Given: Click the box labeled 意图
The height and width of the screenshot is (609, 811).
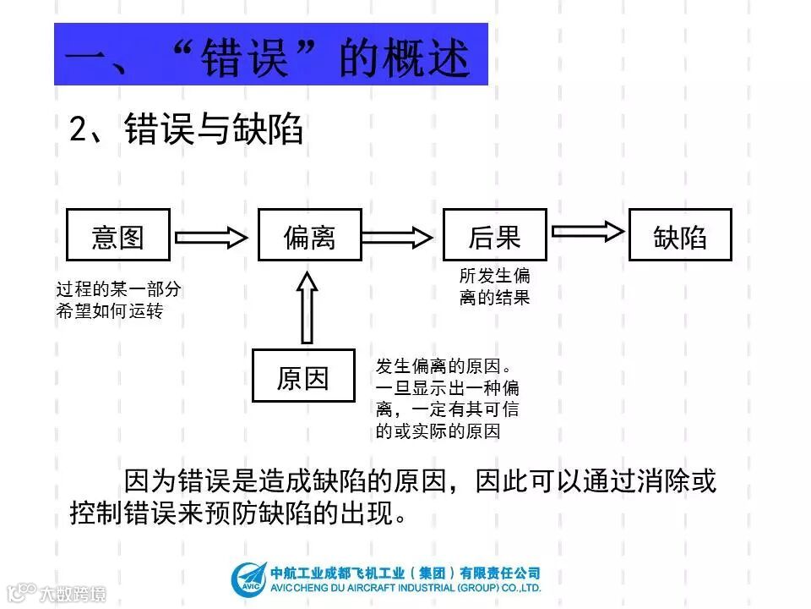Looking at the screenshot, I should tap(118, 235).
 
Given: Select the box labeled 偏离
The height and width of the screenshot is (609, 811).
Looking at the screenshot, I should tap(310, 235).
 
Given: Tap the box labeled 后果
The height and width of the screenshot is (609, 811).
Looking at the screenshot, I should tap(495, 235).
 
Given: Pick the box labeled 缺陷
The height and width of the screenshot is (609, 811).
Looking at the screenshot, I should tap(680, 235).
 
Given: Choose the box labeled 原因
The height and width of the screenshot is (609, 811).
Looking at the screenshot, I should tap(303, 376).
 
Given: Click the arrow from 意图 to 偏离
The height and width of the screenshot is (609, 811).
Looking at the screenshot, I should tap(213, 236).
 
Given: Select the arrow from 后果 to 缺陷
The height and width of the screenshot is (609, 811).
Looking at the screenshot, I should tap(588, 230).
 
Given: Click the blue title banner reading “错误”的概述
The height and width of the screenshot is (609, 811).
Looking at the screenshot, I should tap(271, 55).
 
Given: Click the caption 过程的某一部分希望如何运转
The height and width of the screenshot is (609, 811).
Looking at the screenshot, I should tap(118, 300).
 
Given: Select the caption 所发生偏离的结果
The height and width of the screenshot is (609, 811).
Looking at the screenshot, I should tap(495, 287).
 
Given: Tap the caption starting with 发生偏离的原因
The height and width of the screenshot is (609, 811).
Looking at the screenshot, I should tap(447, 398).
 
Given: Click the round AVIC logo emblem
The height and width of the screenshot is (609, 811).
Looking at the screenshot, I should tap(248, 579).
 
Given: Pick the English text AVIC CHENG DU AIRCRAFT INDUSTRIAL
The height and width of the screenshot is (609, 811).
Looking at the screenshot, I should tap(406, 588).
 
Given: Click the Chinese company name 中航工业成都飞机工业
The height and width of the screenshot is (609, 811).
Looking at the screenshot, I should tap(406, 573).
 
